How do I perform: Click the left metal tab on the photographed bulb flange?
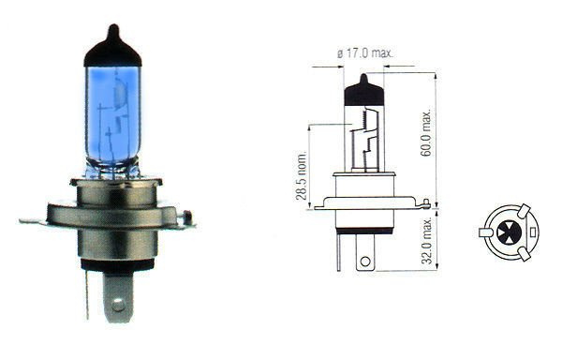[x=32, y=221]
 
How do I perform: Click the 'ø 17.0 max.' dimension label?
[x=363, y=54]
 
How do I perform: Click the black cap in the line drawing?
[x=363, y=90]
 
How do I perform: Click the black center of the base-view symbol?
[x=508, y=231]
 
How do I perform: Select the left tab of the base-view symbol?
[x=484, y=231]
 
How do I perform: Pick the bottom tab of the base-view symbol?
[x=525, y=252]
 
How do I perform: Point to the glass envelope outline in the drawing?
[x=348, y=141]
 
